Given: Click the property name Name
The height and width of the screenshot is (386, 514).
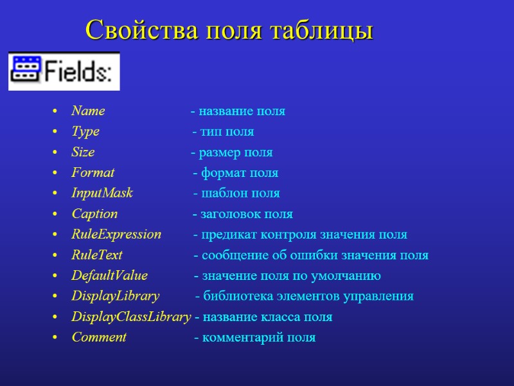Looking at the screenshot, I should (88, 111).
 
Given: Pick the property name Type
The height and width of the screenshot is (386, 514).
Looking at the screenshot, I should (85, 132).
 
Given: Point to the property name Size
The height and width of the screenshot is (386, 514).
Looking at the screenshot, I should (83, 152).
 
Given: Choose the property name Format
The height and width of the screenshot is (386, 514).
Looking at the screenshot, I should (93, 173).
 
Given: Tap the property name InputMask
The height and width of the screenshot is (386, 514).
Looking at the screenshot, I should (102, 194).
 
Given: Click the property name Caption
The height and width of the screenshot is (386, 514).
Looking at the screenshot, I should (94, 214).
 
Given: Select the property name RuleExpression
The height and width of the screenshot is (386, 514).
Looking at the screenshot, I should (116, 235).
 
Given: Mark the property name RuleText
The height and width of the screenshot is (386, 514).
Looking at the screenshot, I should (97, 255).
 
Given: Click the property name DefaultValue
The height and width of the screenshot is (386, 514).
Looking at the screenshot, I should (109, 276).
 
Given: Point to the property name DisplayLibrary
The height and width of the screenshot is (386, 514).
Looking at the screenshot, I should (115, 297).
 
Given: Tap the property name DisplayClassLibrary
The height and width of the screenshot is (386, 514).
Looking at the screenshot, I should (131, 317).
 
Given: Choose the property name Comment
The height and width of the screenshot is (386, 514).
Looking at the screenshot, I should (99, 338).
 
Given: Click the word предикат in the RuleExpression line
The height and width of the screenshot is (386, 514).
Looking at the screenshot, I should (226, 235).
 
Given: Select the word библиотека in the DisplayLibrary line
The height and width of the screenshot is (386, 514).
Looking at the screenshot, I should (234, 297).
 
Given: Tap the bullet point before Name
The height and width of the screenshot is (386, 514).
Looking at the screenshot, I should (57, 112).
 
